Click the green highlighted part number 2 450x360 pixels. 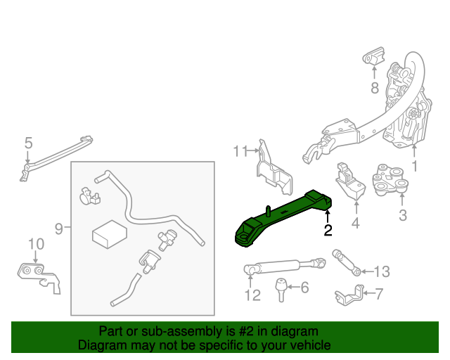(x=281, y=219)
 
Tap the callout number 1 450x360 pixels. (x=414, y=167)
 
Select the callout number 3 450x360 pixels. (x=403, y=215)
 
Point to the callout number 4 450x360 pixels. (x=355, y=224)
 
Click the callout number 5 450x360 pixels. (x=28, y=143)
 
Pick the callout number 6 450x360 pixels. (x=304, y=288)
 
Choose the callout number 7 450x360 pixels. (x=379, y=294)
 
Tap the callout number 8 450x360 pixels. (x=375, y=88)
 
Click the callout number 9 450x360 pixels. (x=59, y=228)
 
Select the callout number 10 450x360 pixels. (x=36, y=244)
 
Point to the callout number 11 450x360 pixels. (x=241, y=150)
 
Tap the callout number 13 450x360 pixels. (x=380, y=271)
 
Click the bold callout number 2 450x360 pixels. (x=328, y=230)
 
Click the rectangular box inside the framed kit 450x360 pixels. (x=109, y=233)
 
